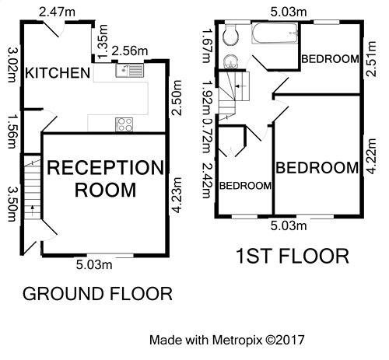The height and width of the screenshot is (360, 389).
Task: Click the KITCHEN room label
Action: [x=58, y=73]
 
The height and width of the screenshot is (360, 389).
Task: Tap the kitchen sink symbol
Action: [x=129, y=70]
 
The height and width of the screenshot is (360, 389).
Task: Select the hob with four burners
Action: [x=124, y=124]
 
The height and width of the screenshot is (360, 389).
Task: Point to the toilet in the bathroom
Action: [x=231, y=35]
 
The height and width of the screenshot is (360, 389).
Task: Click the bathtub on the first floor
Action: [x=275, y=33]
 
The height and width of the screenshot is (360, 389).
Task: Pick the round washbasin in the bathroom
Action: [x=230, y=61]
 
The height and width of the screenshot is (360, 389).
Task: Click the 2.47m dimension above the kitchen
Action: [x=57, y=12]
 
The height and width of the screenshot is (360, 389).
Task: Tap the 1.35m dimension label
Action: [x=103, y=41]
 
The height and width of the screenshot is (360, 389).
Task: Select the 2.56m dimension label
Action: [x=130, y=51]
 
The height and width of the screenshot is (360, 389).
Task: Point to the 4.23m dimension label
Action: [x=177, y=195]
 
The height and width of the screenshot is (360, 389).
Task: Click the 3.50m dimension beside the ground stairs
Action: [x=12, y=204]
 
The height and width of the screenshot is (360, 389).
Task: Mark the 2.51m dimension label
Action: [x=371, y=58]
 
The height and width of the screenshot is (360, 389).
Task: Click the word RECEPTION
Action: [x=105, y=167]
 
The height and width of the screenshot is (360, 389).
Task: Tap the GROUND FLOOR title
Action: [x=97, y=294]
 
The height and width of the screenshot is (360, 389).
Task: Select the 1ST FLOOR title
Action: [x=293, y=256]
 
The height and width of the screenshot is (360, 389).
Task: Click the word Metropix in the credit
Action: [x=237, y=340]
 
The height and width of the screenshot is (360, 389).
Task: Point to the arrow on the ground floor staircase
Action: [x=33, y=211]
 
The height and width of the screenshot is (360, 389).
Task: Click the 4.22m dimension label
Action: [x=371, y=156]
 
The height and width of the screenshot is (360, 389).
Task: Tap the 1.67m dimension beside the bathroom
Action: [x=206, y=46]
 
